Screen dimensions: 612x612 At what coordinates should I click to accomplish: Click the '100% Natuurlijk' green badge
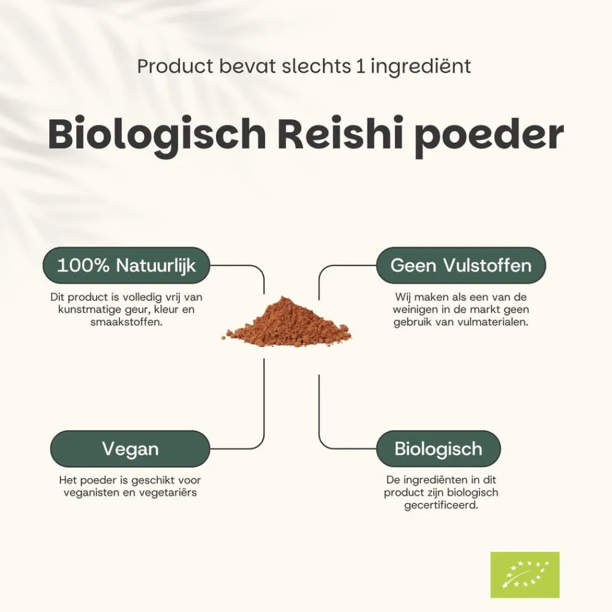[x=126, y=265]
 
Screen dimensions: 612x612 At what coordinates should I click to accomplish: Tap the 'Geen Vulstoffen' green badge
[x=461, y=265]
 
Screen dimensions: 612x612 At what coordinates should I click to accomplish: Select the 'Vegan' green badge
[x=130, y=449]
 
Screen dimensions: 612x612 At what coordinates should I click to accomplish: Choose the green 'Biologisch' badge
[x=439, y=449]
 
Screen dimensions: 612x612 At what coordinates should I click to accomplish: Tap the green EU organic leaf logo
[x=525, y=575]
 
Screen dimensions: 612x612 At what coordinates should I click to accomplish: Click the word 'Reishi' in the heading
[x=340, y=133]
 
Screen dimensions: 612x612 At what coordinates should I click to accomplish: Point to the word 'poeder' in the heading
[x=489, y=135]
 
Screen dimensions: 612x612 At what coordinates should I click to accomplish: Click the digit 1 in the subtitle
[x=361, y=66]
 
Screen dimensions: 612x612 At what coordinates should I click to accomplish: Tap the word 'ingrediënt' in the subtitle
[x=421, y=67]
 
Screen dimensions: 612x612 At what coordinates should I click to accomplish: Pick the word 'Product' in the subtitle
[x=175, y=66]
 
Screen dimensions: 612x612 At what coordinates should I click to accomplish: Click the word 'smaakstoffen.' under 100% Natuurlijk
[x=126, y=322]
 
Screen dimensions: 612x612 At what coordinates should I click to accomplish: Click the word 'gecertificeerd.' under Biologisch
[x=441, y=505]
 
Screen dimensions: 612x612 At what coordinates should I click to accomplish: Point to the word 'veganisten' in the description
[x=91, y=493]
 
